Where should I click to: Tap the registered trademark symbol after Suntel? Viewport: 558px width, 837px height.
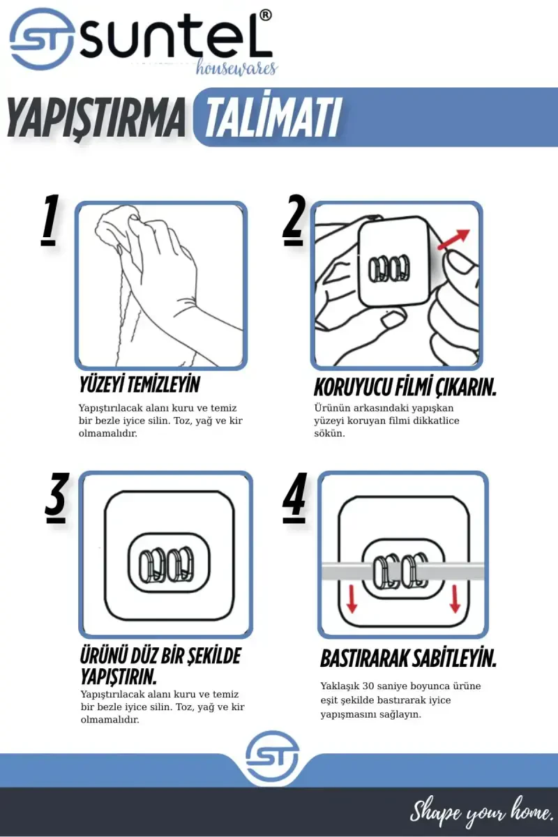tap(264, 15)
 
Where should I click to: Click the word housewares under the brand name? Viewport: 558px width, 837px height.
tap(236, 68)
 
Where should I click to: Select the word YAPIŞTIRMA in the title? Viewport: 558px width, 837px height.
tap(96, 118)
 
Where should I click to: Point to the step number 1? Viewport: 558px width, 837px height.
tap(50, 220)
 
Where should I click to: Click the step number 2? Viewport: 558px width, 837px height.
tap(294, 220)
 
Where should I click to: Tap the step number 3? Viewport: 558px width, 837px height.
tap(56, 498)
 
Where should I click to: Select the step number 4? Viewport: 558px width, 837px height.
tap(295, 498)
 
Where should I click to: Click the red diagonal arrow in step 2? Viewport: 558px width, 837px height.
tap(453, 239)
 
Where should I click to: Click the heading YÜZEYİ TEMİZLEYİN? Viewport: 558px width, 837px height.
tap(139, 385)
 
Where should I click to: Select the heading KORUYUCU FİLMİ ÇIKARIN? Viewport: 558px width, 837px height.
tap(405, 388)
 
